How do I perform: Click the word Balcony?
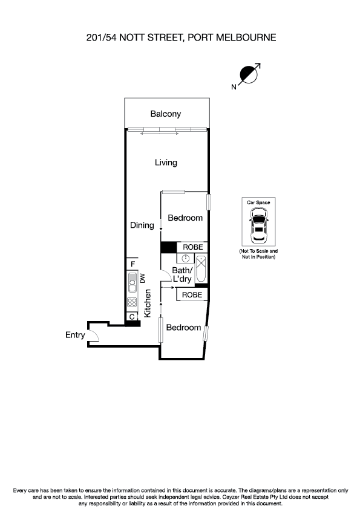coord(165,114)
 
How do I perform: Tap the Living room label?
coord(165,162)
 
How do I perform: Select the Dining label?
coord(142,225)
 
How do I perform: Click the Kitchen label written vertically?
coord(147,303)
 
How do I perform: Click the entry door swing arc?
coord(96,336)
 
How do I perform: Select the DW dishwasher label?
coord(143,279)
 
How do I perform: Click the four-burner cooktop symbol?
coord(132,302)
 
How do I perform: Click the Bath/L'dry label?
coord(182,274)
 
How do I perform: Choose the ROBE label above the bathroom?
coord(192,247)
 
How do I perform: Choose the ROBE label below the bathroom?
coord(192,294)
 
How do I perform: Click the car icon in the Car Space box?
coord(258,225)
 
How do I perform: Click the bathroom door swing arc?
coord(165,274)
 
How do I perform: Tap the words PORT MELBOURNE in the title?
coord(232,37)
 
